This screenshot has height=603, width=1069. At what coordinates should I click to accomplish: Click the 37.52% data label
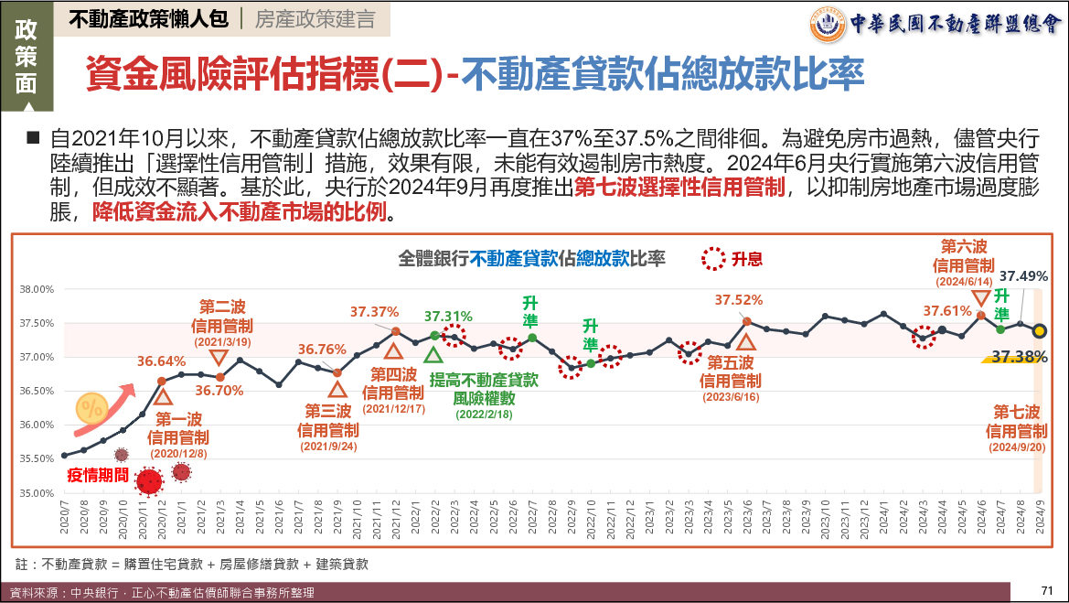(x=738, y=299)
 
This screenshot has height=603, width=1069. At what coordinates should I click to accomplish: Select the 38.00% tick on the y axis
(x=37, y=289)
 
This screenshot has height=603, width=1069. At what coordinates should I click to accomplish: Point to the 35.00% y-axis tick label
(x=37, y=493)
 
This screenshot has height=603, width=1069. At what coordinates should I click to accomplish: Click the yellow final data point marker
(x=1040, y=331)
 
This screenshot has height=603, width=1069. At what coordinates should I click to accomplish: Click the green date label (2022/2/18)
(x=484, y=415)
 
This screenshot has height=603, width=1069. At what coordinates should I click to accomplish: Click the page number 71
(x=1047, y=590)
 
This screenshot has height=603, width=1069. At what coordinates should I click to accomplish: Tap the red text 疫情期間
(x=98, y=475)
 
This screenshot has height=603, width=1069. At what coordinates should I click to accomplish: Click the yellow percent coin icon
(x=91, y=408)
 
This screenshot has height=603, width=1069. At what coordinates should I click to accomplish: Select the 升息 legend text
(x=746, y=259)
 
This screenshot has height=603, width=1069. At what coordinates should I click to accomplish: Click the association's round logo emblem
(x=828, y=24)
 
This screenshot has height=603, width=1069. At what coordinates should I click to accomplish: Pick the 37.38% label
(x=1020, y=357)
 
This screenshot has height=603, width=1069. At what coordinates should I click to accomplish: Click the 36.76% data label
(x=322, y=350)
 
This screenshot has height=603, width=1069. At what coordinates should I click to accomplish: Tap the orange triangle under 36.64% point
(x=163, y=396)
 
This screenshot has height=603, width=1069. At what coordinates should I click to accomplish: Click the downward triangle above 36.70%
(x=219, y=358)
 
